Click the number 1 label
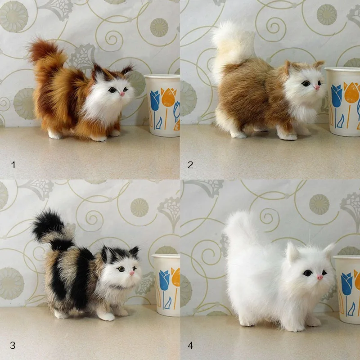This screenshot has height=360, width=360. click(13, 165)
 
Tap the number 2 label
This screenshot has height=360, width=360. click(190, 165)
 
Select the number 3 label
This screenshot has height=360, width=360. click(13, 345)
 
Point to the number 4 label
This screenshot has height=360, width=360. click(190, 345)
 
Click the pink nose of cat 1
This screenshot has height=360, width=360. click(122, 94)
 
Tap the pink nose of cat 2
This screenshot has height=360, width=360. click(317, 87)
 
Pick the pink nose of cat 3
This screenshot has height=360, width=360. click(132, 273)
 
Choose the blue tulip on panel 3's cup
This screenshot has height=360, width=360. click(164, 281)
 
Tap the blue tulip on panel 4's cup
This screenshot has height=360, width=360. click(346, 283)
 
